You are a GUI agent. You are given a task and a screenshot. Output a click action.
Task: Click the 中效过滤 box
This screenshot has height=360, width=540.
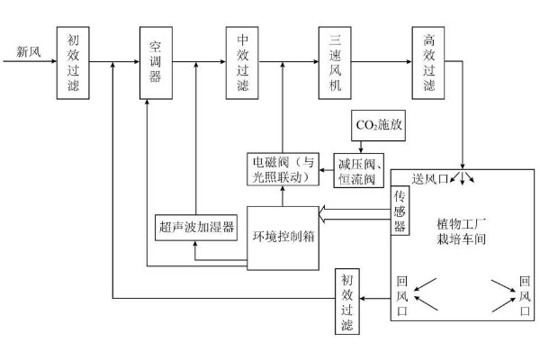pyautogui.click(x=242, y=63)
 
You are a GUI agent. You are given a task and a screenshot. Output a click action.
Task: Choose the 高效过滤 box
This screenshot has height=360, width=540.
pyautogui.click(x=428, y=63)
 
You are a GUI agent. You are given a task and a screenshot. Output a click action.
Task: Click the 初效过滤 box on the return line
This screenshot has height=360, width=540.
pyautogui.click(x=348, y=299)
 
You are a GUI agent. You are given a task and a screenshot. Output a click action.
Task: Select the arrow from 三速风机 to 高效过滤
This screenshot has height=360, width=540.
pyautogui.click(x=381, y=62)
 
